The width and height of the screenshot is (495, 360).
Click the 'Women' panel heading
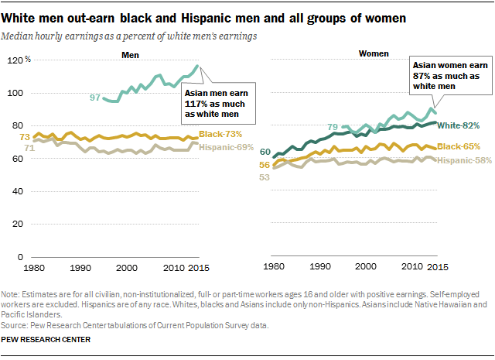coord(375,53)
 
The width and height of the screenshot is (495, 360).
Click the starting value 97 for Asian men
coord(95,98)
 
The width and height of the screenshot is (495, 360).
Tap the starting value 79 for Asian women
coord(333,127)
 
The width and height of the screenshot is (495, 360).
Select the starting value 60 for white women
coord(265,152)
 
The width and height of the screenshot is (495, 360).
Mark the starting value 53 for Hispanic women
coord(265,177)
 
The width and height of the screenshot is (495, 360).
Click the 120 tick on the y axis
coord(16,60)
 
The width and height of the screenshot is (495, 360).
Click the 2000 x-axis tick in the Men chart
coord(126,267)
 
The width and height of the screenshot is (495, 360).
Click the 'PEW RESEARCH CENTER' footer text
coord(47,339)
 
